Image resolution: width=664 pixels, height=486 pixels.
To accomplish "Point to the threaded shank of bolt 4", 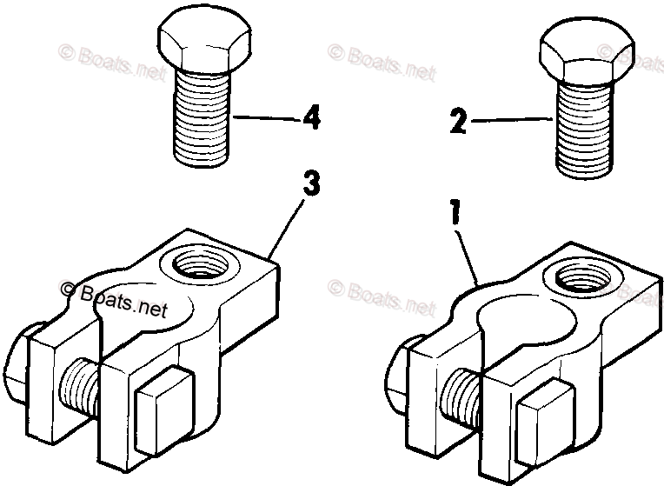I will (203, 117).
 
